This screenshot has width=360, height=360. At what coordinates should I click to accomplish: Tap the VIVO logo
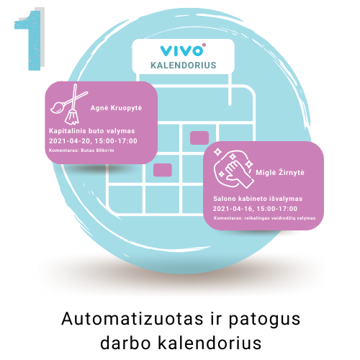click(182, 50)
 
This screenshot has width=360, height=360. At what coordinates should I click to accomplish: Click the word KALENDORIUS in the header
click(184, 66)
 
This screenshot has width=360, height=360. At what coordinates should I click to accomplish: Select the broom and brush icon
click(69, 104)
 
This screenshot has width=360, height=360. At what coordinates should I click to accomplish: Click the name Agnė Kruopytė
click(116, 108)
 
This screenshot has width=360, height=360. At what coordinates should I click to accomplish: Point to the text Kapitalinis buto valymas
click(92, 131)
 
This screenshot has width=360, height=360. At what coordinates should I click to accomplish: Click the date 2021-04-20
click(70, 141)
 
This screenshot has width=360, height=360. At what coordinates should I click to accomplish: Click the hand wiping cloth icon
click(233, 168)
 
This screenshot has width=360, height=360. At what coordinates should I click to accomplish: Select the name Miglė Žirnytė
click(280, 173)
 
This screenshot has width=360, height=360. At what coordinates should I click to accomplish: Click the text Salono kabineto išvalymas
click(258, 199)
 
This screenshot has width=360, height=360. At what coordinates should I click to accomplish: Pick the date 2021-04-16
click(233, 209)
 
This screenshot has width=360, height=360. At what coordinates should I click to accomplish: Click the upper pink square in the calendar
click(199, 138)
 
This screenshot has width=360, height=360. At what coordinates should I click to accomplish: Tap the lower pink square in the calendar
click(163, 170)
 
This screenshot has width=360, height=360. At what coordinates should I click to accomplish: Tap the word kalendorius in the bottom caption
click(210, 343)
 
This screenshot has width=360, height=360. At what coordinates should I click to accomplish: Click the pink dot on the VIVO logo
click(204, 45)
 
